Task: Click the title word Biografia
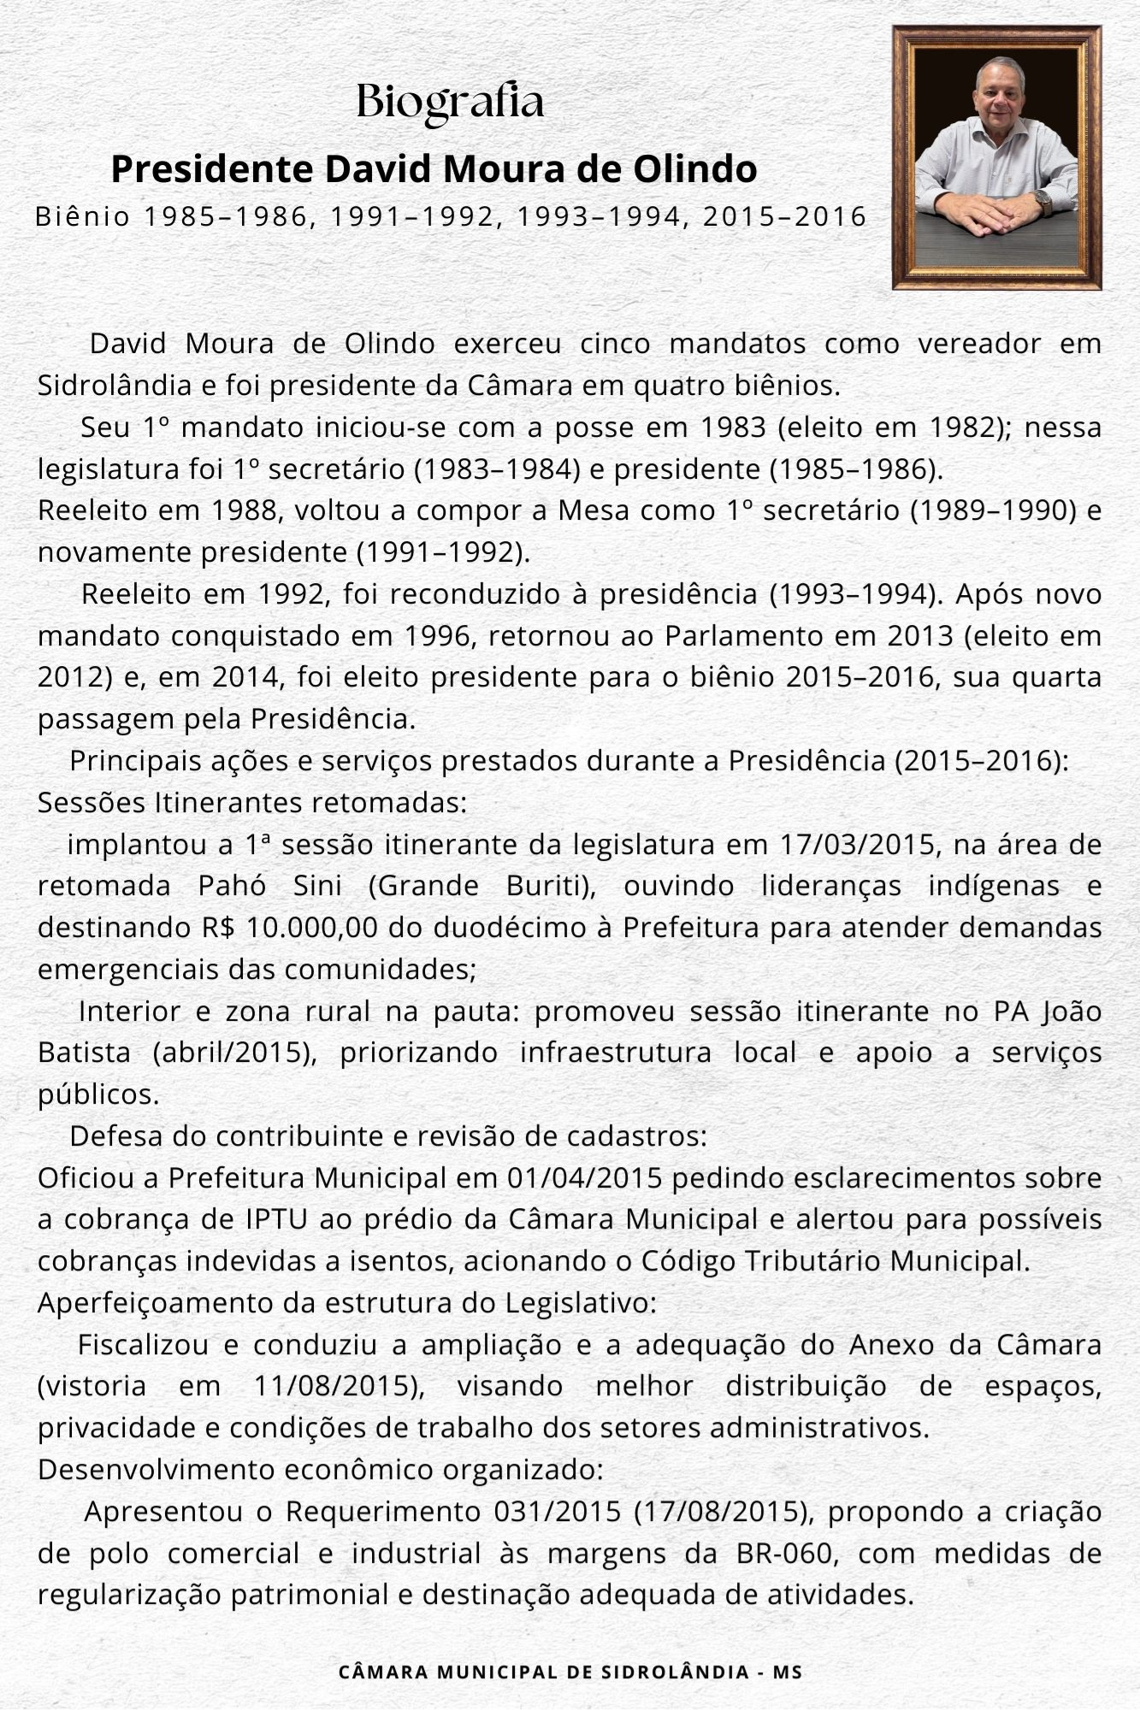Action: tap(450, 102)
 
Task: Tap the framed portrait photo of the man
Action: tap(996, 156)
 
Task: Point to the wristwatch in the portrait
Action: tap(1042, 202)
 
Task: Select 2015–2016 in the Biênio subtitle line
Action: tap(785, 216)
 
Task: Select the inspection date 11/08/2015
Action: tap(339, 1386)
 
